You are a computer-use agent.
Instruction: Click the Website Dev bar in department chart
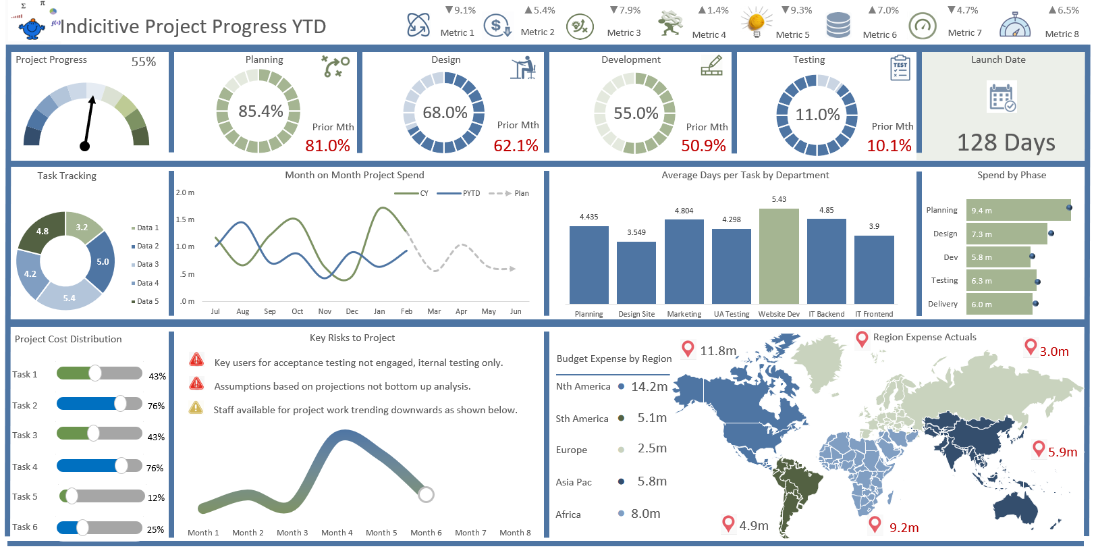point(779,257)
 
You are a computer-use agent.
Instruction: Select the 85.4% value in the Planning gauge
point(261,111)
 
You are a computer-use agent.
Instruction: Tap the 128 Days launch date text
point(1006,142)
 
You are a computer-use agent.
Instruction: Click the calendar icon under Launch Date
point(1002,97)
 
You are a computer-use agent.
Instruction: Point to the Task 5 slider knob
point(71,496)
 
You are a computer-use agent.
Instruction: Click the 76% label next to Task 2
point(156,406)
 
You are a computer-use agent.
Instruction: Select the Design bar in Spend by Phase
point(1006,234)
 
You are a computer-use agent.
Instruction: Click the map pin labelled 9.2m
point(875,523)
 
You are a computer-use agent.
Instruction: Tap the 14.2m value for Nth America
point(649,386)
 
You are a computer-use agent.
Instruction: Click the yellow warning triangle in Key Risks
point(196,408)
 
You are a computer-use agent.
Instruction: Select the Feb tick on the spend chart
point(406,311)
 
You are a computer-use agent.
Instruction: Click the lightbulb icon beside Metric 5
point(756,24)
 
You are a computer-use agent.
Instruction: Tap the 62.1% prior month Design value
point(516,145)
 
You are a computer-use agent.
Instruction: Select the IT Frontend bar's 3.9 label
point(874,226)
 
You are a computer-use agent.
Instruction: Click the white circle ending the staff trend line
point(426,495)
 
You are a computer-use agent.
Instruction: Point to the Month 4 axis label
point(337,533)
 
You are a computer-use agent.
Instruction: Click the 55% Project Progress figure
point(143,62)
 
